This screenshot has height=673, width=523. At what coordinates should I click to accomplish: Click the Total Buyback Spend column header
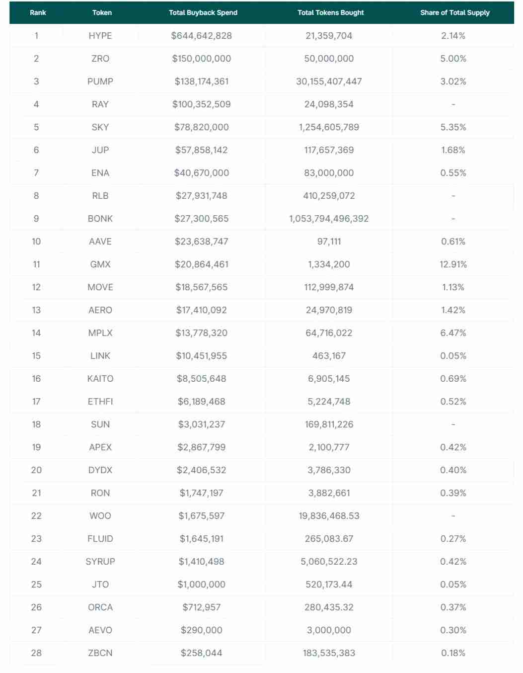(x=203, y=12)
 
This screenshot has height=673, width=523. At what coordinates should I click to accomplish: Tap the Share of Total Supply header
(x=454, y=12)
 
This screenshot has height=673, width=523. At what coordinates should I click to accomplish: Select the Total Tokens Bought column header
(x=330, y=12)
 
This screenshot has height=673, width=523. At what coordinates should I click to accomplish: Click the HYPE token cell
(x=100, y=36)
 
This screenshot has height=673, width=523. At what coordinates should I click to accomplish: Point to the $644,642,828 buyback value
(x=201, y=36)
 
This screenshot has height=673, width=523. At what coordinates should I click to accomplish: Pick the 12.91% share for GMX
(x=453, y=264)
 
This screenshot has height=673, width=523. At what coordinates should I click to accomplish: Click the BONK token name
(x=100, y=219)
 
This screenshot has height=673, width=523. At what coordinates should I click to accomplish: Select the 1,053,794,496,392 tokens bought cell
(x=329, y=219)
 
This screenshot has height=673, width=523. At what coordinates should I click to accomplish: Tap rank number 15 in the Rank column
(x=36, y=356)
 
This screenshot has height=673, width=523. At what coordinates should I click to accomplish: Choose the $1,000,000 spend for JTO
(x=201, y=585)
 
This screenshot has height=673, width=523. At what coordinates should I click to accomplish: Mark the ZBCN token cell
(x=100, y=653)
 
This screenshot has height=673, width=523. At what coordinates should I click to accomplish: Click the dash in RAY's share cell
(x=453, y=104)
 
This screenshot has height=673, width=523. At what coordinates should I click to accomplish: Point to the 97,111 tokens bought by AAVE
(x=329, y=242)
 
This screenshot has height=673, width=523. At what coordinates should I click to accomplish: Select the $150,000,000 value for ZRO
(x=201, y=59)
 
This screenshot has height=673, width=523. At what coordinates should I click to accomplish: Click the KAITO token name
(x=100, y=379)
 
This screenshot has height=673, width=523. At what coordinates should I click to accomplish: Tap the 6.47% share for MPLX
(x=453, y=333)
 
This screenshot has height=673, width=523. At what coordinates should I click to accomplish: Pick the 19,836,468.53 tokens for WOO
(x=329, y=516)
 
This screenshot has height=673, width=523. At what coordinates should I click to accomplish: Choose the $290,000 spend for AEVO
(x=201, y=630)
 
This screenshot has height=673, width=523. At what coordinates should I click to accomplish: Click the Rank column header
(x=38, y=12)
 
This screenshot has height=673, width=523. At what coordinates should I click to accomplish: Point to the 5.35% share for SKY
(x=453, y=127)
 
